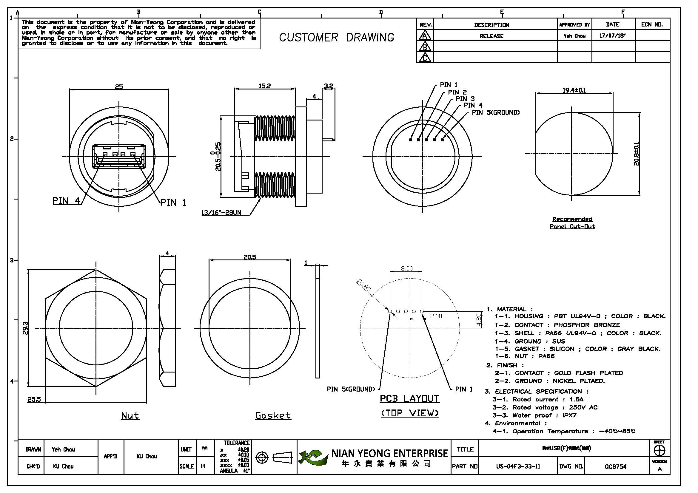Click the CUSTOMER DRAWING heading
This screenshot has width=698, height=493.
point(337,38)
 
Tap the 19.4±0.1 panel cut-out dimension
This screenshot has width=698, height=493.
point(574,90)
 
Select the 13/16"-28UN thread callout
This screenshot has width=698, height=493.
point(221,212)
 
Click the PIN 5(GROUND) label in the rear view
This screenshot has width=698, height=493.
point(496,113)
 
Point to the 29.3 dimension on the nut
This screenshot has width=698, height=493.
point(25,328)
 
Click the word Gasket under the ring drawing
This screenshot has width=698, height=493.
point(273,415)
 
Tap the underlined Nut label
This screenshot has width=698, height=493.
point(130,415)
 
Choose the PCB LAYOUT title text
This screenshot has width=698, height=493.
point(409,398)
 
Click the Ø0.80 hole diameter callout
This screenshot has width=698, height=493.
point(364,285)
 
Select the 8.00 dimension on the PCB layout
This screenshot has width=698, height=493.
point(407,268)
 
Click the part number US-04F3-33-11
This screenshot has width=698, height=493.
point(518,466)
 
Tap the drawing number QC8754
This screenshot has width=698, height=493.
point(616,466)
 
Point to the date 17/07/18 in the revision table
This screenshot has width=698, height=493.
point(612,36)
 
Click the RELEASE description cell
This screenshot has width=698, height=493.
point(491,36)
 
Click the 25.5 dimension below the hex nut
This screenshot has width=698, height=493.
point(34,399)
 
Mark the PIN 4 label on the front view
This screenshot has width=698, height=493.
point(66,201)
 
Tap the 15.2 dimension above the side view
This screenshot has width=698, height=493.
point(264,86)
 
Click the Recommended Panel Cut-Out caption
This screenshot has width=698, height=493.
point(572,223)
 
